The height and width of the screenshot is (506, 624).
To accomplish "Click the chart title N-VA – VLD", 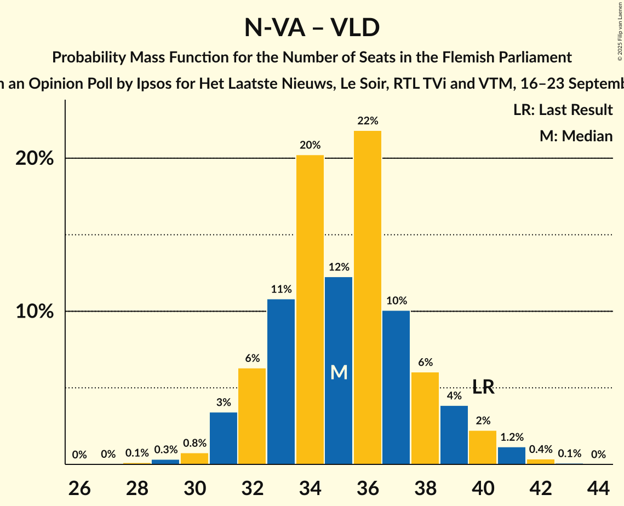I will coord(312,28).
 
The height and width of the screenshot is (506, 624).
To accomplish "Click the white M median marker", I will coord(339,373).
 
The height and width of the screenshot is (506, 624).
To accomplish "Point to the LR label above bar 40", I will coord(483,387).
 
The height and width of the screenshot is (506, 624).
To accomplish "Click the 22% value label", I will coord(368,121).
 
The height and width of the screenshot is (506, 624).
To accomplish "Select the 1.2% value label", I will coord(512,437).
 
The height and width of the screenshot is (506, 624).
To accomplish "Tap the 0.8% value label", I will coord(194,443).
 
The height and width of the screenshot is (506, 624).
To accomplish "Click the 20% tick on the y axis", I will coord(34,159).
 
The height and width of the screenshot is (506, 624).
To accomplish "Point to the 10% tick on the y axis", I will coord(34,312).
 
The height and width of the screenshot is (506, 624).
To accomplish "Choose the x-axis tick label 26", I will coord(79,487).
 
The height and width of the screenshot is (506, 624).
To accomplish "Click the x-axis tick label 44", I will coord(598,487).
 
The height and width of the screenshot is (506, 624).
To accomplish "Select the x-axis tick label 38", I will coord(425,487).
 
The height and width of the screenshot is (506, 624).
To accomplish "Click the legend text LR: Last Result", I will coord(563,110).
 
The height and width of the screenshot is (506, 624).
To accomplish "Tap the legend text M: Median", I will coord(576,136).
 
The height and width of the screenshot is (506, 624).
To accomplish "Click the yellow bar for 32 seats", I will coord(252,416).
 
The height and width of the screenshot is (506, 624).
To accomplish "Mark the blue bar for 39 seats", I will coord(454,435).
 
